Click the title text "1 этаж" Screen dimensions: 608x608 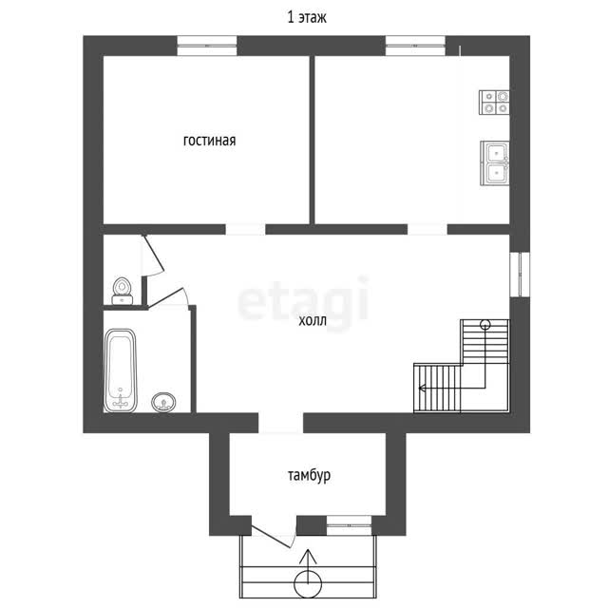[x=307, y=17]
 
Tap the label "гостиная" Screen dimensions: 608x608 [x=209, y=141]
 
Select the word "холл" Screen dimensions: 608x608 [x=313, y=321]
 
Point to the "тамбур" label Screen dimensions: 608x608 [x=309, y=475]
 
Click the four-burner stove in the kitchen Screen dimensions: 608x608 [x=494, y=103]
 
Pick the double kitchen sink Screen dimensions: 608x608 [x=495, y=163]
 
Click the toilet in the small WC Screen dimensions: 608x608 [x=123, y=292]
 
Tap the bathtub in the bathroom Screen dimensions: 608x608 [x=121, y=370]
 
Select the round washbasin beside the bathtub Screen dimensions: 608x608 [x=163, y=402]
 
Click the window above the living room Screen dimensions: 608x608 [x=207, y=46]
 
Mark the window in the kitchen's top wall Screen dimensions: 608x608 [x=416, y=46]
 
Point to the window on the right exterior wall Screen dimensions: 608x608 [x=520, y=275]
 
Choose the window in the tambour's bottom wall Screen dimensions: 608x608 [x=350, y=525]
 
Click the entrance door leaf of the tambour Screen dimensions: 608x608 [x=271, y=537]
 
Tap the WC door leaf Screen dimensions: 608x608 [x=154, y=252]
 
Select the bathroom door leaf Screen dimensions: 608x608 [x=165, y=297]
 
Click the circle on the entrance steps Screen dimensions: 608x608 [x=308, y=584]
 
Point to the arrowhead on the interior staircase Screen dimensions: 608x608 [x=422, y=388]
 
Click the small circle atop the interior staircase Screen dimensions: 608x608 [x=485, y=325]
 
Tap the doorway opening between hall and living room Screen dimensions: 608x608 [x=245, y=229]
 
